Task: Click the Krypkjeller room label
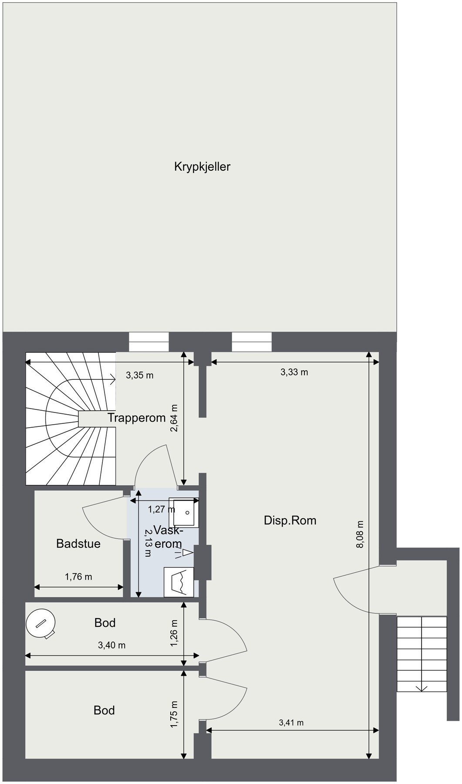tap(202, 167)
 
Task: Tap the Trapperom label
tap(137, 418)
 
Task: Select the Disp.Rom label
tap(290, 520)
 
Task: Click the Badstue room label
tap(78, 544)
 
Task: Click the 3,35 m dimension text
tap(140, 375)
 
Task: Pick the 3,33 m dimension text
tap(294, 372)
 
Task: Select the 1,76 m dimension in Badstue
tap(78, 577)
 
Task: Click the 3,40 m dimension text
tap(112, 645)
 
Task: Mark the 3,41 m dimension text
tap(291, 723)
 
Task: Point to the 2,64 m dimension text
tap(174, 418)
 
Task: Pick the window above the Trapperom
tap(149, 342)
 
